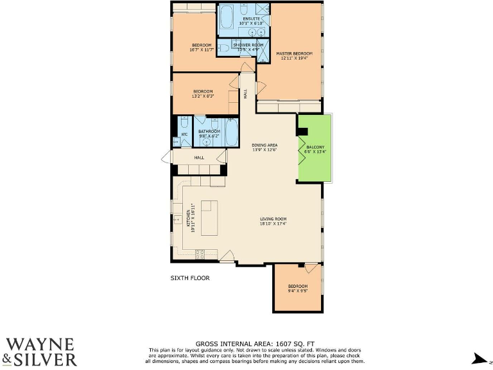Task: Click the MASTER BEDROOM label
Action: pyautogui.click(x=294, y=53)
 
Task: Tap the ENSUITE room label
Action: pyautogui.click(x=250, y=19)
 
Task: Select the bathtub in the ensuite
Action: pyautogui.click(x=227, y=20)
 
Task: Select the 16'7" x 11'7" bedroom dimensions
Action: pyautogui.click(x=201, y=49)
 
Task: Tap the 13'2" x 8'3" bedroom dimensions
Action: pyautogui.click(x=203, y=96)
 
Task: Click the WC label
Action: pyautogui.click(x=184, y=134)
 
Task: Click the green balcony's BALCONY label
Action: pyautogui.click(x=315, y=147)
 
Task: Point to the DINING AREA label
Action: pyautogui.click(x=264, y=145)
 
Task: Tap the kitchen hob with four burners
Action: pyautogui.click(x=200, y=252)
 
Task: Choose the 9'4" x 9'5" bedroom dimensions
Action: pyautogui.click(x=297, y=290)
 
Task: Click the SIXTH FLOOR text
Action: pyautogui.click(x=190, y=278)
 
